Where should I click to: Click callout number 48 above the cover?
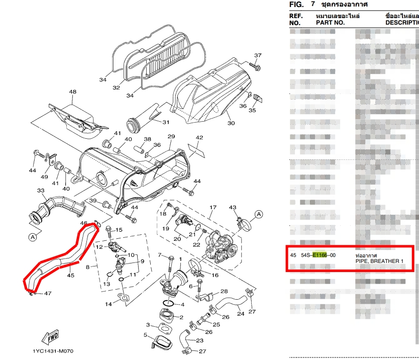pos(73,92)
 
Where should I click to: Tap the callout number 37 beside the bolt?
pos(258,55)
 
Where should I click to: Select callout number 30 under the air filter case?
pos(231,123)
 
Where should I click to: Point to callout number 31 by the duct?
pos(166,122)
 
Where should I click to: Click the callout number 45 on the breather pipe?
pos(70,275)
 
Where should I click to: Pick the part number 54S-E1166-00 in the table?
pos(318,255)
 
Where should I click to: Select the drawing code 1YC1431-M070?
pos(53,351)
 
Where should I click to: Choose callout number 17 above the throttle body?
pos(213,208)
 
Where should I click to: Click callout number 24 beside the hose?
pos(241,314)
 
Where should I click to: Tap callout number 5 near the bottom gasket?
pos(145,335)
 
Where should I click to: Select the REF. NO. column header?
pos(296,19)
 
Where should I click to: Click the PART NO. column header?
pos(330,23)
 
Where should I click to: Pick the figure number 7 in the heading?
pos(313,4)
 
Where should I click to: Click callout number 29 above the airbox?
pos(171,137)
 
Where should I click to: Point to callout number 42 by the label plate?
pos(199,138)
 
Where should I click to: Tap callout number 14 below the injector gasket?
pos(108,304)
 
